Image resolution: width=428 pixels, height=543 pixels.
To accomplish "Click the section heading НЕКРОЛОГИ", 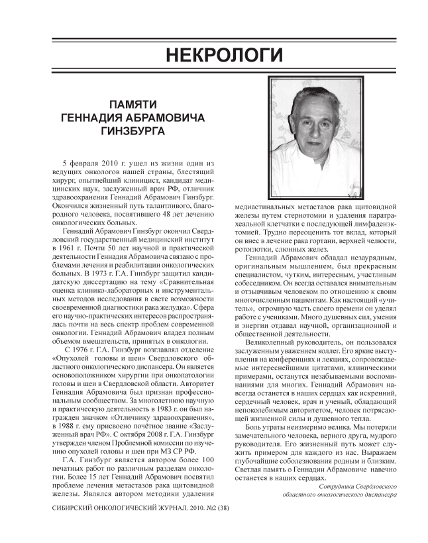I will click(x=214, y=53).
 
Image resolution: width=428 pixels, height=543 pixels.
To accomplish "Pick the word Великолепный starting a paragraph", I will click(x=272, y=343).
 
